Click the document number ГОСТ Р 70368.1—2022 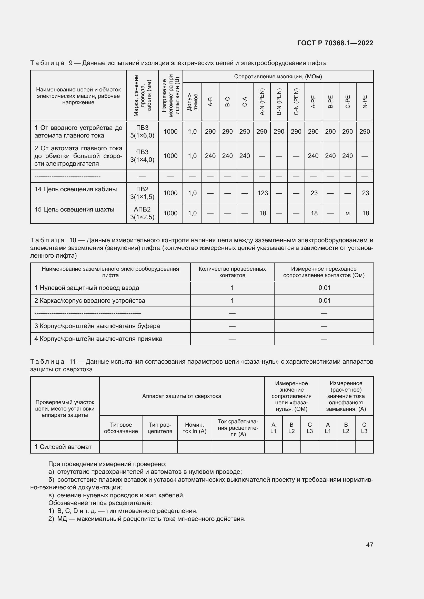(x=335, y=43)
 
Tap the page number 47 (x=369, y=544)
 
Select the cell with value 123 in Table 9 (x=263, y=193)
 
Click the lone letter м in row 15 (x=347, y=214)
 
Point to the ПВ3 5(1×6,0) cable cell (x=142, y=131)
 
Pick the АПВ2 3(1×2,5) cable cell (x=142, y=213)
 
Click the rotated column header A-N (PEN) (x=262, y=102)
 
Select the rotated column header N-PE (x=365, y=102)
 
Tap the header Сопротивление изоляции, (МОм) (x=278, y=76)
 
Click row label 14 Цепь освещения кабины (x=76, y=189)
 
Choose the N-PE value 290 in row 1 (x=365, y=131)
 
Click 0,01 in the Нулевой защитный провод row (x=324, y=288)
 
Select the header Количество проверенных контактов (x=232, y=272)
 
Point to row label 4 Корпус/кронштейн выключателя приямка (x=98, y=339)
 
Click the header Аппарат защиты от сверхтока (x=181, y=396)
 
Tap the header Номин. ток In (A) (x=194, y=428)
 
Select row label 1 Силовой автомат (x=63, y=447)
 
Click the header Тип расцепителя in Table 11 (x=160, y=428)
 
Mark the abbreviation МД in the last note (x=62, y=519)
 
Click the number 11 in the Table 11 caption (x=72, y=362)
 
